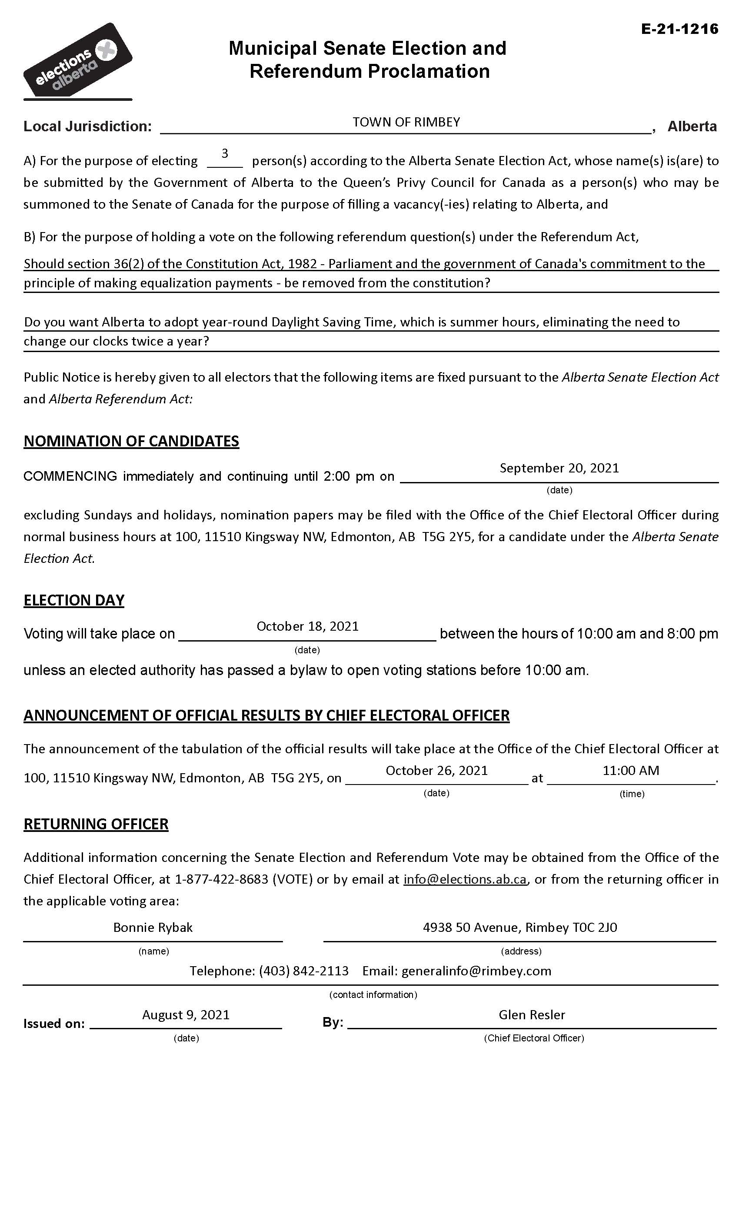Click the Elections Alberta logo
pos(77,61)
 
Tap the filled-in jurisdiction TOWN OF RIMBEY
pos(406,122)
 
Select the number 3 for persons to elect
pos(225,153)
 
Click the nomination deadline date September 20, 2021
pos(559,468)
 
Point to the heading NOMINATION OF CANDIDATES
pos(131,441)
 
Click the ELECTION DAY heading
pos(74,600)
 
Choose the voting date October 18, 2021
pos(307,626)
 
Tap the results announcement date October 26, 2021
pos(437,771)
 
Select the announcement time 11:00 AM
pos(631,771)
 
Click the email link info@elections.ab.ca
pos(465,879)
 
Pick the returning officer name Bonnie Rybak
pos(153,928)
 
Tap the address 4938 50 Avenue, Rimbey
pos(519,928)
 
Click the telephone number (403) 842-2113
pos(304,971)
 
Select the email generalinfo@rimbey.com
pos(476,971)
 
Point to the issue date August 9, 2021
pos(186,1015)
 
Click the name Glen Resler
pos(532,1015)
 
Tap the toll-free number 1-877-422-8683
pos(222,879)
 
